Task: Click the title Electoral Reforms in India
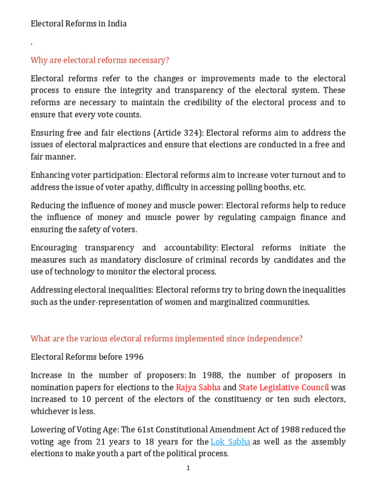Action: (79, 24)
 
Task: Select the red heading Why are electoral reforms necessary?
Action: (100, 60)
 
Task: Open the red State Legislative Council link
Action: (284, 387)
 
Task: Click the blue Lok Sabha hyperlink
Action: (230, 442)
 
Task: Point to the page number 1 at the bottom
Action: (188, 468)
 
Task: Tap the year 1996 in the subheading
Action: (134, 357)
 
